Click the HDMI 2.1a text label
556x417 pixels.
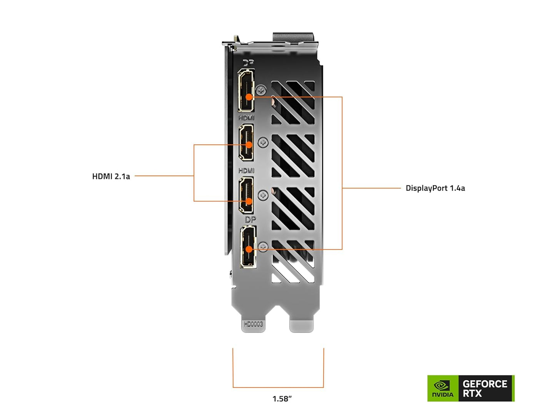(111, 177)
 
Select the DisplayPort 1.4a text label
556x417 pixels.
(435, 188)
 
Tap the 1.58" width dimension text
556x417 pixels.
(282, 399)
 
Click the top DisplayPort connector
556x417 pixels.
(246, 90)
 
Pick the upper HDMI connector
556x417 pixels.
(246, 143)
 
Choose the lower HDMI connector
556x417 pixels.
(246, 195)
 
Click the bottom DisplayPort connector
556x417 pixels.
(248, 247)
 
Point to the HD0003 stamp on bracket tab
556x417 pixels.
(253, 324)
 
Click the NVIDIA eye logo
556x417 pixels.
(442, 385)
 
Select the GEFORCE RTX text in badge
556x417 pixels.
(485, 389)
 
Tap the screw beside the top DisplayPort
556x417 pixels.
(261, 90)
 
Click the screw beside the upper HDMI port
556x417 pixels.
(263, 143)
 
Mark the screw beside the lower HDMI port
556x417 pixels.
(263, 195)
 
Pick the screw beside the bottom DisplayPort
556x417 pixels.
(263, 247)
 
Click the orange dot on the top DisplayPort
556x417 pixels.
(249, 97)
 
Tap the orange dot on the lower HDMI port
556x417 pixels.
(249, 201)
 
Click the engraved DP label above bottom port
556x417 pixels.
(250, 220)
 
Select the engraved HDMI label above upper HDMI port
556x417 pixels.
(246, 118)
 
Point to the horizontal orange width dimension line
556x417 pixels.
(278, 387)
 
